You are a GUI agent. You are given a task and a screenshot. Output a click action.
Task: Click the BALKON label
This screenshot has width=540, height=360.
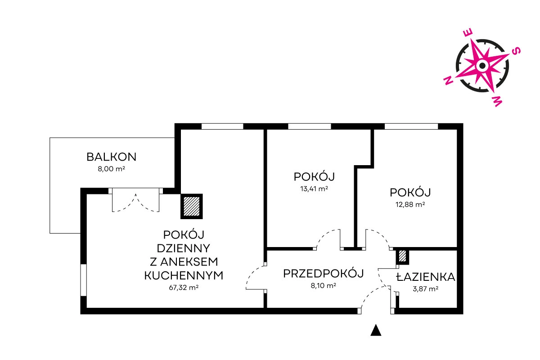pyautogui.click(x=112, y=157)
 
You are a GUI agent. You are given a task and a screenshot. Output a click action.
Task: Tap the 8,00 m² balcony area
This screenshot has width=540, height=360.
pyautogui.click(x=112, y=169)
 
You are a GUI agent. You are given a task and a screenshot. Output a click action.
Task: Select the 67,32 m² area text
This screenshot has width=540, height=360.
pyautogui.click(x=184, y=288)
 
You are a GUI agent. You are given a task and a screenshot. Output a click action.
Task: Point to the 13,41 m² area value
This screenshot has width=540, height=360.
pyautogui.click(x=314, y=189)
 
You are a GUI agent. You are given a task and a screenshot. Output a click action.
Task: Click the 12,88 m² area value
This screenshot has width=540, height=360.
pyautogui.click(x=410, y=204)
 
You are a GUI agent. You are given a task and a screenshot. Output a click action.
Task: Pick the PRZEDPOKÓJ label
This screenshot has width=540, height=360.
pyautogui.click(x=324, y=274)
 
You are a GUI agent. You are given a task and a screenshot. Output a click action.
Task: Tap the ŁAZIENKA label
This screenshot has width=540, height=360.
pyautogui.click(x=426, y=277)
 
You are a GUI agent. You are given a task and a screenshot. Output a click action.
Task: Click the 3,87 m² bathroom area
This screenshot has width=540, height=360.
pyautogui.click(x=426, y=288)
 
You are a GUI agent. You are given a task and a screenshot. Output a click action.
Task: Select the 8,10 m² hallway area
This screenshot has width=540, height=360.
pyautogui.click(x=324, y=286)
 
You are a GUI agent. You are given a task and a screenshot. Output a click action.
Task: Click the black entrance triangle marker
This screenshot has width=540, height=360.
pyautogui.click(x=376, y=330)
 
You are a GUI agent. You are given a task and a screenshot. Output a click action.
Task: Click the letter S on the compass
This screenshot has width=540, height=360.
pyautogui.click(x=516, y=51)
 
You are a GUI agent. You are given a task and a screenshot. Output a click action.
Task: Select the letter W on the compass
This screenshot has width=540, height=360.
pyautogui.click(x=497, y=101)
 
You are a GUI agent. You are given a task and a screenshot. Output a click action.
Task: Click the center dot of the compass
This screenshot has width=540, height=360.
pyautogui.click(x=482, y=66)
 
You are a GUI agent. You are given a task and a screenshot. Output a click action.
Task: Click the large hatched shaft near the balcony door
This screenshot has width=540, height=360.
pyautogui.click(x=192, y=207)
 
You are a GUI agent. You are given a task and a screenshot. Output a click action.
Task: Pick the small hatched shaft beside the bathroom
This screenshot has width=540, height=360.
pyautogui.click(x=402, y=256)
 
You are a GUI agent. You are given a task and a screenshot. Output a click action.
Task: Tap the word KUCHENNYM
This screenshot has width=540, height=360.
pyautogui.click(x=184, y=275)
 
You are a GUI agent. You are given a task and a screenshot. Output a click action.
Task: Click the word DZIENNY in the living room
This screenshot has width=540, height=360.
pyautogui.click(x=184, y=248)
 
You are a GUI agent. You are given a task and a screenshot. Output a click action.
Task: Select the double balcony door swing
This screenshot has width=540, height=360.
pyautogui.click(x=136, y=202)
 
